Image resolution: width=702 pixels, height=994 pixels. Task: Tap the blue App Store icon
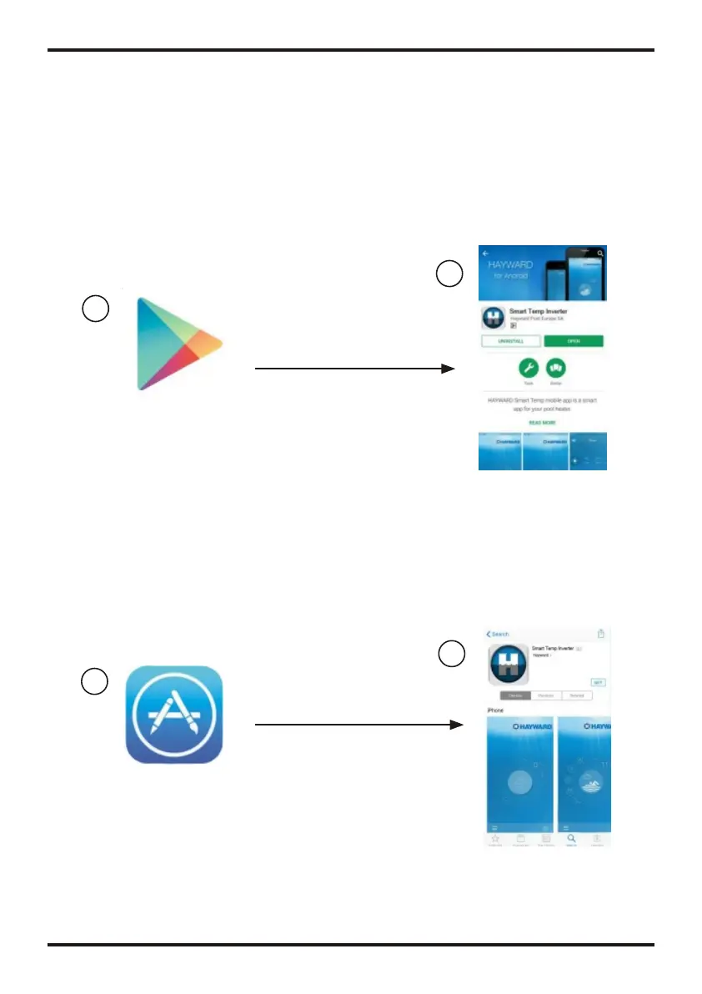(x=173, y=715)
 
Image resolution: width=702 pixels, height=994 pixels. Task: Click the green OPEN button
(x=574, y=341)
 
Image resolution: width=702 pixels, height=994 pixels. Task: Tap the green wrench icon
(x=527, y=369)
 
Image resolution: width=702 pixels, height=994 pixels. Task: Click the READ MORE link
(x=542, y=423)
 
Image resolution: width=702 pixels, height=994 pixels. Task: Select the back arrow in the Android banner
(x=486, y=253)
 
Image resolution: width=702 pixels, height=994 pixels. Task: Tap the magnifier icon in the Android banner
(x=600, y=253)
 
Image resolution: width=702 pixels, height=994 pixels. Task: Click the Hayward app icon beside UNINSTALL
(x=494, y=319)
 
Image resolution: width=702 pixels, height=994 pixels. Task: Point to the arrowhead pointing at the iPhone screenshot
(x=456, y=725)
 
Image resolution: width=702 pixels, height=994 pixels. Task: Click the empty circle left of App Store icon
(x=95, y=682)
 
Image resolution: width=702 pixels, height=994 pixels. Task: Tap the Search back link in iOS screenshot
(x=498, y=634)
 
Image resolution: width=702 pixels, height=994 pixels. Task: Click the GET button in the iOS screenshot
(x=598, y=681)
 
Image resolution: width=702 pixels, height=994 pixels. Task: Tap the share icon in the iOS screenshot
(x=600, y=634)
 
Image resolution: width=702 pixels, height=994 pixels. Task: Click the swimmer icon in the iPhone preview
(x=592, y=785)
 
